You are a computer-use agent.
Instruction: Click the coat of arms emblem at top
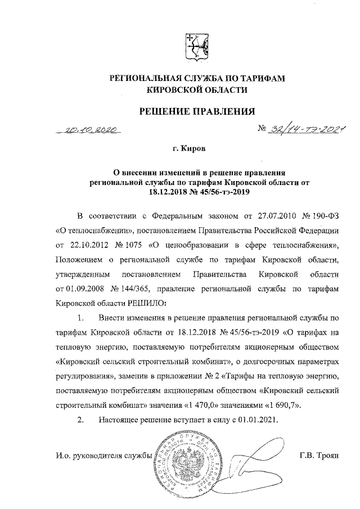(x=197, y=47)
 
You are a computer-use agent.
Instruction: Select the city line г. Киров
(x=189, y=150)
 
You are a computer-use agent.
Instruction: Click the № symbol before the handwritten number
(x=262, y=129)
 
